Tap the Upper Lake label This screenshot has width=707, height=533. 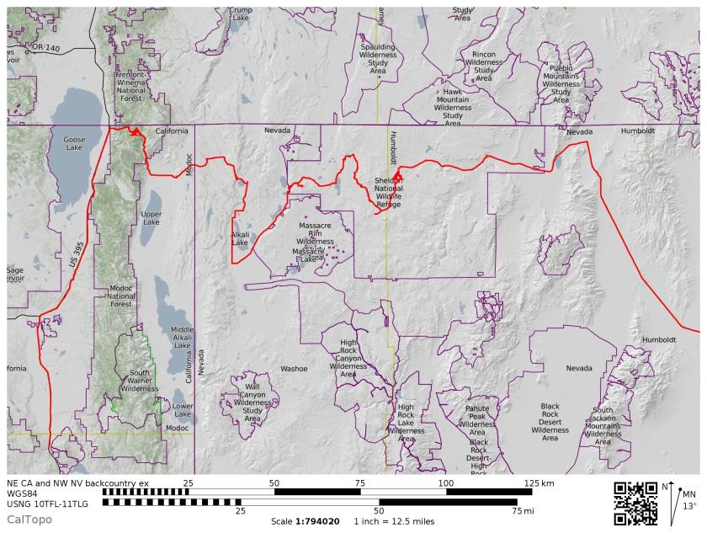(x=151, y=218)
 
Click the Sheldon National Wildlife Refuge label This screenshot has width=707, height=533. (x=389, y=192)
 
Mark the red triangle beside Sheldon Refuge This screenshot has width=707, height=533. (x=397, y=174)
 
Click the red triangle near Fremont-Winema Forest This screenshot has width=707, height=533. (x=134, y=131)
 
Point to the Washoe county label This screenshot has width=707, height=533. (x=295, y=369)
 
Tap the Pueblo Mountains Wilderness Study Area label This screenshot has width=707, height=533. (x=561, y=83)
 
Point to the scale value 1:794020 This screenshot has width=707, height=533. (x=316, y=521)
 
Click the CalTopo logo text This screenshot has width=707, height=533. (x=29, y=520)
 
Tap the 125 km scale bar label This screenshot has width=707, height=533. (x=539, y=484)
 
